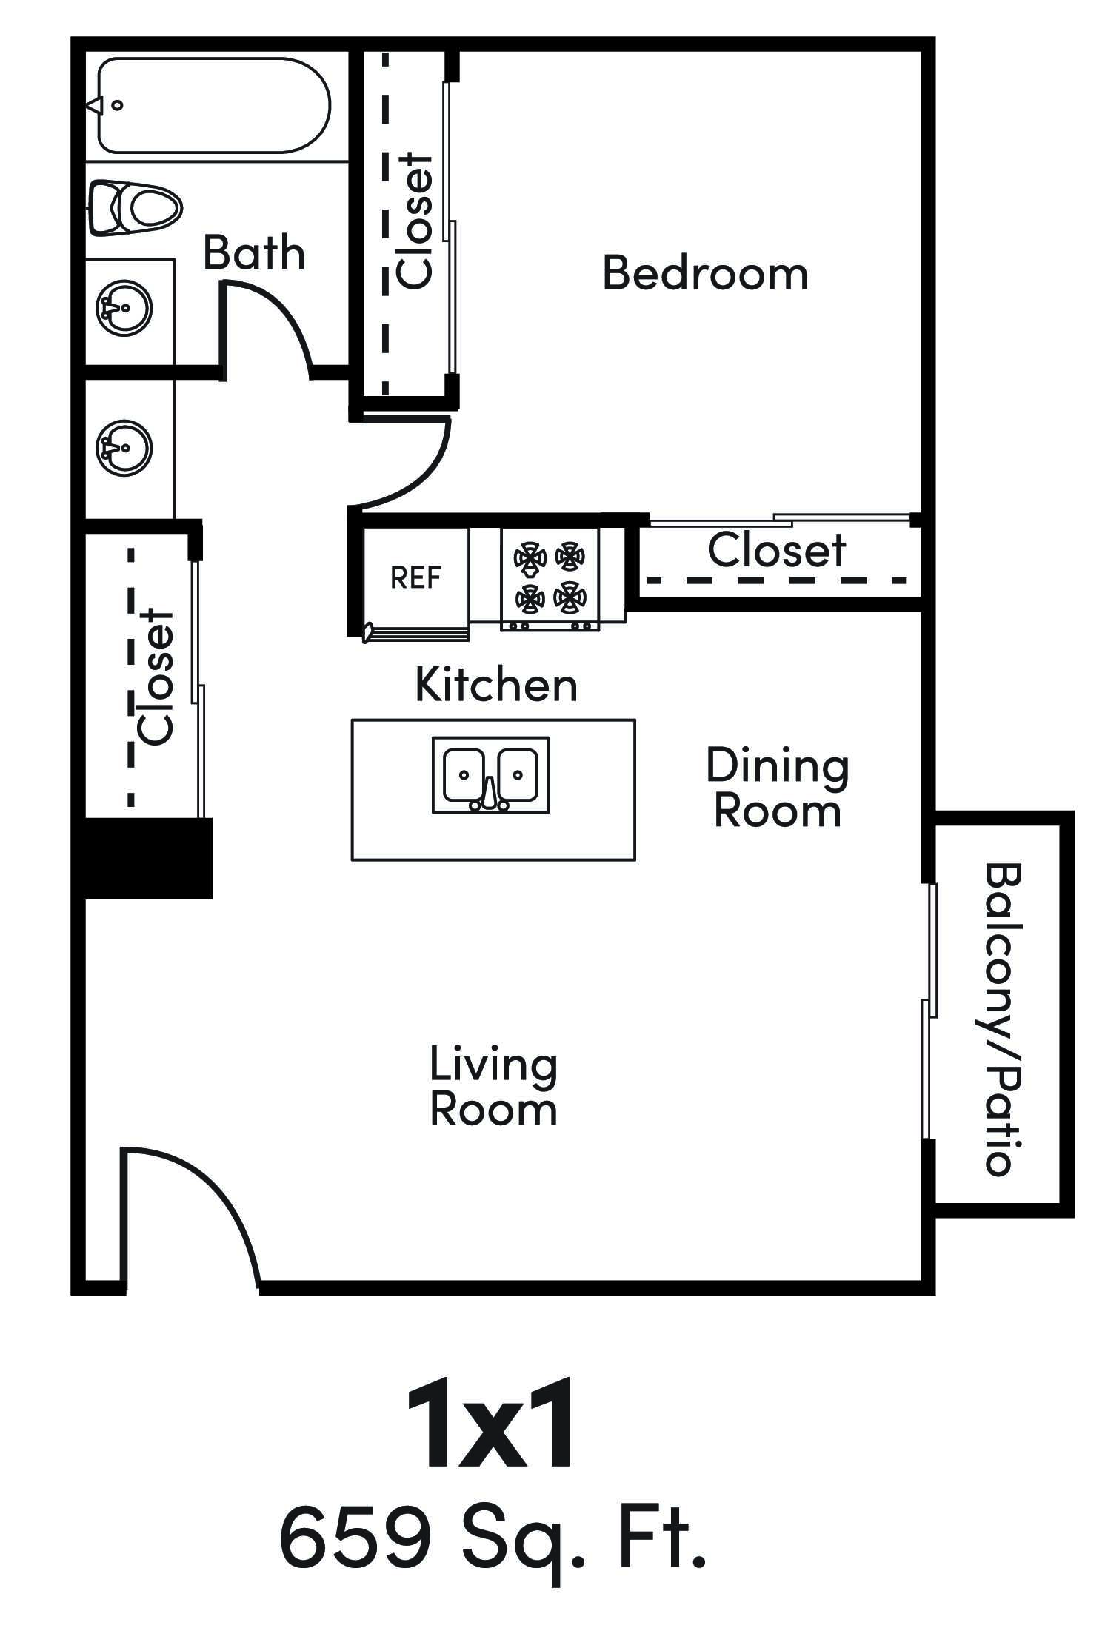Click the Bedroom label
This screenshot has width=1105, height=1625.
704,273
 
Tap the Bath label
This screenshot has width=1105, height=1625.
253,253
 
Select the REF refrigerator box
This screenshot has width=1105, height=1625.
415,577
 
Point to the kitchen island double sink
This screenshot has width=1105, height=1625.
491,774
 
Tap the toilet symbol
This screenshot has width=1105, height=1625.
135,207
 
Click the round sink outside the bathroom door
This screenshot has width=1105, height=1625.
124,448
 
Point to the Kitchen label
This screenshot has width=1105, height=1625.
495,685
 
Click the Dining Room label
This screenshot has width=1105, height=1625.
777,788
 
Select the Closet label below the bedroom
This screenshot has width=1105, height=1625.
776,550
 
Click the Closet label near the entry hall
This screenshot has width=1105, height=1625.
156,676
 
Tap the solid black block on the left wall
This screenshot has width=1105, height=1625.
148,858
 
